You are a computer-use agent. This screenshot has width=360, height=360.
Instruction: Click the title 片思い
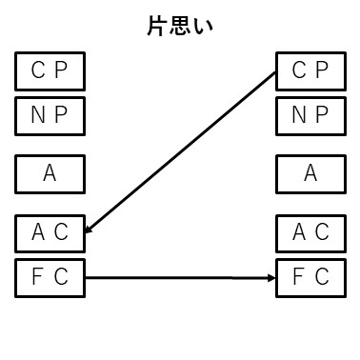pos(179,26)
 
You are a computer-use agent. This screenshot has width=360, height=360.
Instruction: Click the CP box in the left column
pos(50,70)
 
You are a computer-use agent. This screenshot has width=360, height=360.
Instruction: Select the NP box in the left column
pos(50,116)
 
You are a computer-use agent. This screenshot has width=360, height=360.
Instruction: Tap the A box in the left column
pos(50,173)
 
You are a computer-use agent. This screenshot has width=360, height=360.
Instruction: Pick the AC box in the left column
pos(50,231)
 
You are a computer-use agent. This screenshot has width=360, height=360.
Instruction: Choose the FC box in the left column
pos(50,277)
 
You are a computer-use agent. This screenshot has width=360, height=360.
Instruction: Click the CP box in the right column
pos(310,70)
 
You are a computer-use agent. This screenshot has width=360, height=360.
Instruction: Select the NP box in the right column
pos(310,116)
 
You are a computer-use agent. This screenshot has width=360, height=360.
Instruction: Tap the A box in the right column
pos(310,173)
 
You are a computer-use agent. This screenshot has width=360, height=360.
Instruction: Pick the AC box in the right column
pos(310,231)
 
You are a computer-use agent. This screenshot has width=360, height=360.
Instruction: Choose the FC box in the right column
pos(310,277)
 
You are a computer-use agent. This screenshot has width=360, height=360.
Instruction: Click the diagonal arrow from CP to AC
pos(181,152)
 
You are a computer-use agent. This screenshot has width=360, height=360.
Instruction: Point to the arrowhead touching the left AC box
pos(90,229)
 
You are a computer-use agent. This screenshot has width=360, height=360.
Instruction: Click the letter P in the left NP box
pos(62,116)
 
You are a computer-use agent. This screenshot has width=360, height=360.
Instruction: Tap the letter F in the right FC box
pos(298,277)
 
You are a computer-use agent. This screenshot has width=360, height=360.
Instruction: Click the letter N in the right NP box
pos(297,116)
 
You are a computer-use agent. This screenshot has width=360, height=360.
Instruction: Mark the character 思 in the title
pos(179,26)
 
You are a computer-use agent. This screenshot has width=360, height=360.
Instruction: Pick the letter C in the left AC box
pos(63,231)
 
